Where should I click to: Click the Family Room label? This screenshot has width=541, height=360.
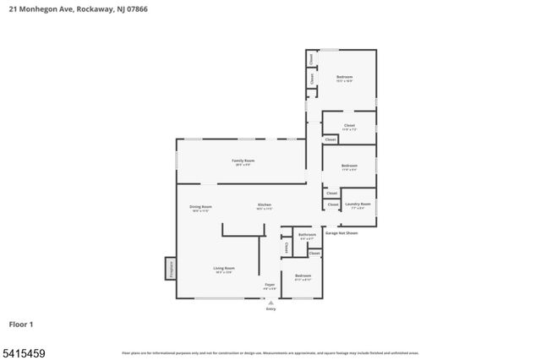(243, 160)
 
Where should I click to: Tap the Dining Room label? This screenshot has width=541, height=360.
(200, 206)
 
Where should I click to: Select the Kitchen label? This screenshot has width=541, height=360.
(265, 205)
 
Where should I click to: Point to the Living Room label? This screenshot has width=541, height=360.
(224, 268)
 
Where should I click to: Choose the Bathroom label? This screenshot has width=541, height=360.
(307, 235)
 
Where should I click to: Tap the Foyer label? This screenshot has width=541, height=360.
(270, 285)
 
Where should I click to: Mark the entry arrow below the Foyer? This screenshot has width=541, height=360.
(270, 302)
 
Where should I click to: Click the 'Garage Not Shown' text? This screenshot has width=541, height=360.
(342, 232)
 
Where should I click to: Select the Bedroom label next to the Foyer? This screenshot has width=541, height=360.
(303, 275)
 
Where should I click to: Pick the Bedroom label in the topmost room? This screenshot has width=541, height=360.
(344, 77)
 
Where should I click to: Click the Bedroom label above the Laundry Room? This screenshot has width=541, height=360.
(349, 166)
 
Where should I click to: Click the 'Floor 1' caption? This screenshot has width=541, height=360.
(21, 324)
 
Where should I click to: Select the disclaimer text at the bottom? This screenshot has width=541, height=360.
(270, 352)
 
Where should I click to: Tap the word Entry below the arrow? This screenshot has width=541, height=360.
(270, 309)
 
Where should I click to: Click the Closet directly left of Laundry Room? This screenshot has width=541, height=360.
(332, 205)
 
